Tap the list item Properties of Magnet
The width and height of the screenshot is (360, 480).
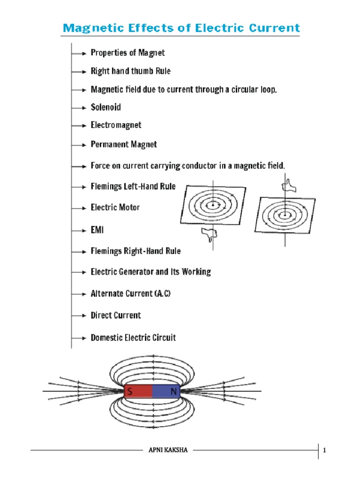click(127, 53)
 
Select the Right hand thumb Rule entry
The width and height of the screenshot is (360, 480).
click(130, 71)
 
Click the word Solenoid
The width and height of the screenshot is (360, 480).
click(105, 107)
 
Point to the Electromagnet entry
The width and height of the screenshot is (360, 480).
click(116, 126)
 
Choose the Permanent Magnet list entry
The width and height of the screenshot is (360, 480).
click(124, 144)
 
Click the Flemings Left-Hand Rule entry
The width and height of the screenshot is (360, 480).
click(133, 187)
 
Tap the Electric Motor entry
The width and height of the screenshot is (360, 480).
click(115, 207)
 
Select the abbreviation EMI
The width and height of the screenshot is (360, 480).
click(97, 230)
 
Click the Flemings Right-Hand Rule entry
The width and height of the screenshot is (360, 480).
click(135, 251)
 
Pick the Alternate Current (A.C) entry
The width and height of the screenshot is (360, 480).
click(134, 294)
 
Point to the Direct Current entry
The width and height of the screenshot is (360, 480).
click(116, 315)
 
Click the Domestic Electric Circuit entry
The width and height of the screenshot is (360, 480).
click(133, 337)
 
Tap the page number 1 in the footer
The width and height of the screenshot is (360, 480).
click(324, 451)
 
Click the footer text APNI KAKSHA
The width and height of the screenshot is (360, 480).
click(168, 450)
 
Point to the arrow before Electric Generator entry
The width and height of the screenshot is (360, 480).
click(79, 272)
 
